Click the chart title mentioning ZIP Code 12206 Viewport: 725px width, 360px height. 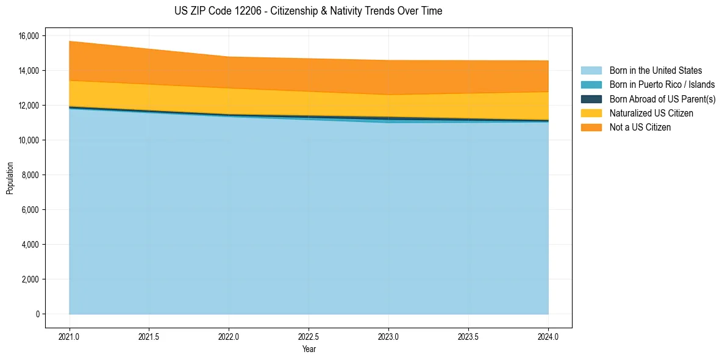[x=308, y=11]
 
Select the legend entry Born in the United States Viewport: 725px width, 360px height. [x=655, y=71]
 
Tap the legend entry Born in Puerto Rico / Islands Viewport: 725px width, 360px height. [x=662, y=85]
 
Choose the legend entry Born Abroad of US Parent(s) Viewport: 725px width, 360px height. [x=662, y=99]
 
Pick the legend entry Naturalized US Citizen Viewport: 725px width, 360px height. [x=651, y=113]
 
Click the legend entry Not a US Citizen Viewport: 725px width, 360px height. [x=640, y=128]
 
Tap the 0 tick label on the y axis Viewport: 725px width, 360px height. [x=37, y=314]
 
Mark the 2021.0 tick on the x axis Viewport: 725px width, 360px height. [x=70, y=336]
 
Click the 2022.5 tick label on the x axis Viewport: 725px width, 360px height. [x=309, y=336]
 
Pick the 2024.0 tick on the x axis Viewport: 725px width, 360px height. [x=548, y=336]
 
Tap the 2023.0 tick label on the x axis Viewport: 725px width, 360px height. [x=388, y=336]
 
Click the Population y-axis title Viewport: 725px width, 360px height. [x=10, y=178]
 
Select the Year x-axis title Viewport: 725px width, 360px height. [x=309, y=349]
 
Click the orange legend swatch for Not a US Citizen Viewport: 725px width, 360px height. [x=591, y=128]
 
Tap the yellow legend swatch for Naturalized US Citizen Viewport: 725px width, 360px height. [x=591, y=113]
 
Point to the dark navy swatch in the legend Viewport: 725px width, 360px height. [x=591, y=99]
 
